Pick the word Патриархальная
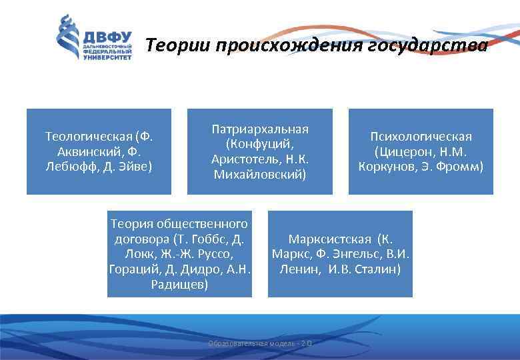tap(260, 129)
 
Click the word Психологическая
tap(421, 137)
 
